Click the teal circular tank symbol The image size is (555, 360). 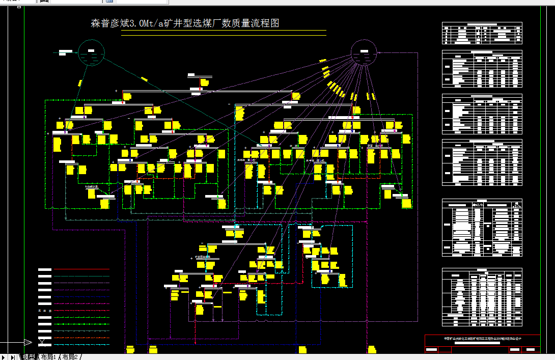point(91,52)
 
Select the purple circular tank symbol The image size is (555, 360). point(364,52)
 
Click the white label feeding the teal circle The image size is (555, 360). point(66,52)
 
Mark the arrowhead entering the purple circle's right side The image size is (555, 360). point(380,52)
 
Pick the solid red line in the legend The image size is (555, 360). point(81,269)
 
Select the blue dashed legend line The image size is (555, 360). point(81,296)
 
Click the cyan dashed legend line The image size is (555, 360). point(81,345)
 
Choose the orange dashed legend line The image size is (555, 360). point(81,338)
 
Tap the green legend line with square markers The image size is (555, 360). point(81,324)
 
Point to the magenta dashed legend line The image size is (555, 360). point(81,303)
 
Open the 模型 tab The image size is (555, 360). point(29,357)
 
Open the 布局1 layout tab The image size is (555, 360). point(49,357)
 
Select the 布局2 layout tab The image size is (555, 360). point(70,357)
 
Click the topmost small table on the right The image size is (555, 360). point(482,34)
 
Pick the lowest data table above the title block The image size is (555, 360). point(482,297)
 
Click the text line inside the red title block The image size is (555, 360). point(482,339)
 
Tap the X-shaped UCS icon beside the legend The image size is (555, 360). point(41,342)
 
